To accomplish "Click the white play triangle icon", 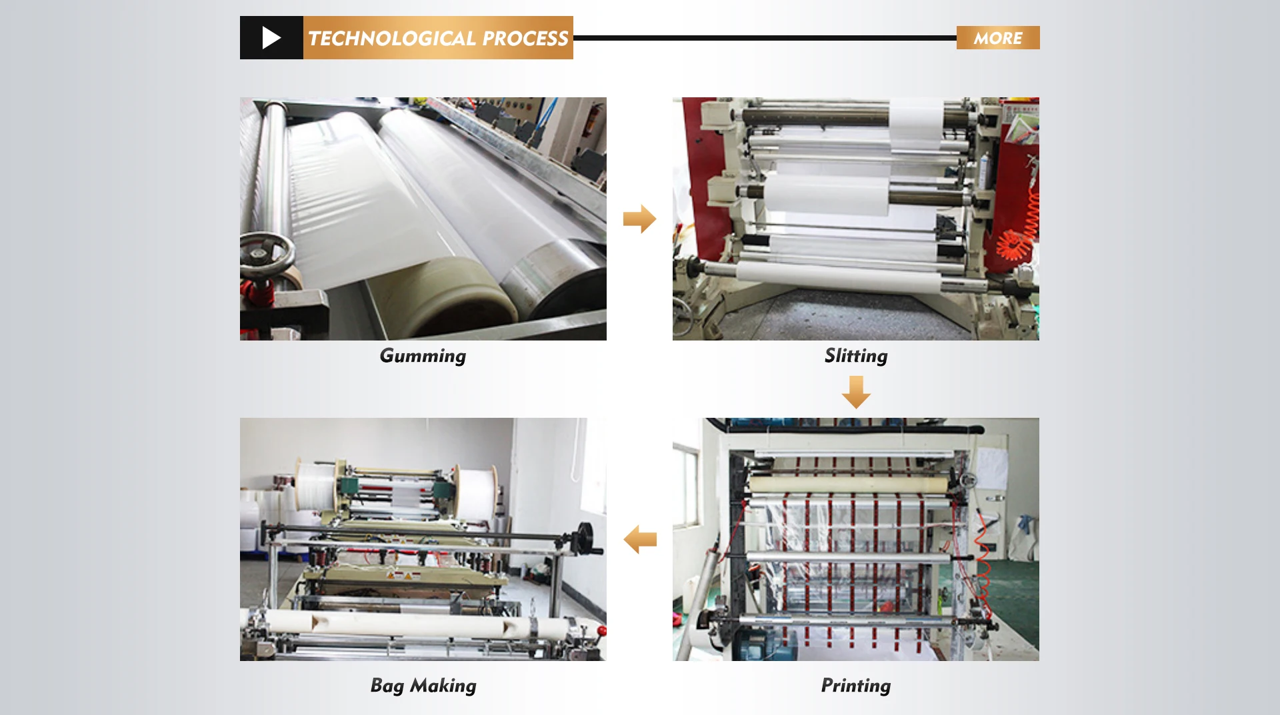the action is (x=271, y=38).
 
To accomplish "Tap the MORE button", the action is (x=998, y=38).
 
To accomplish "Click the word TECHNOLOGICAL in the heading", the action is (x=392, y=39).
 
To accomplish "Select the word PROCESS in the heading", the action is (x=525, y=39).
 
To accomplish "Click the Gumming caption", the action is (x=423, y=356).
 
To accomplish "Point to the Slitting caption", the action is (x=856, y=356).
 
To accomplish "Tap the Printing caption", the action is (x=856, y=686).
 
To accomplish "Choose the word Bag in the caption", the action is (x=387, y=686).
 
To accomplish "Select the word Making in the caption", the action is (x=443, y=686).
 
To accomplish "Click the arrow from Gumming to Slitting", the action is (x=640, y=219).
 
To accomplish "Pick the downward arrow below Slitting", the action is (x=856, y=392).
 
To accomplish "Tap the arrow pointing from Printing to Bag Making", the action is (x=640, y=539).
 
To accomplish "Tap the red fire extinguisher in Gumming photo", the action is (x=593, y=120).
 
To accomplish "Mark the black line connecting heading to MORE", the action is (x=765, y=38).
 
